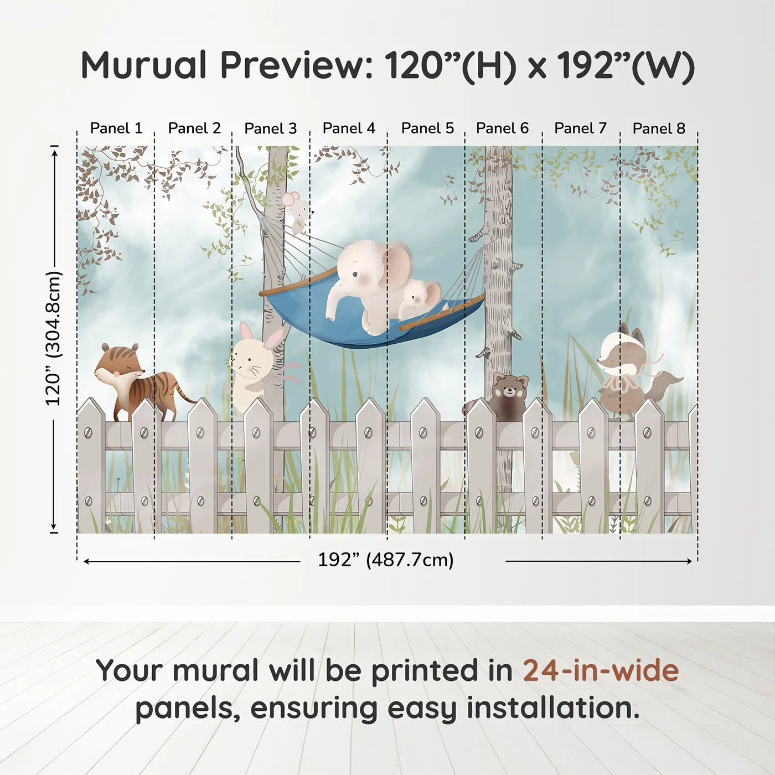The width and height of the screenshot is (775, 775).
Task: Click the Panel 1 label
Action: pyautogui.click(x=116, y=128)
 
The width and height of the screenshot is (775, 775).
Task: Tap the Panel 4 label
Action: pyautogui.click(x=349, y=128)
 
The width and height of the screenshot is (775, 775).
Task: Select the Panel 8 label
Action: pyautogui.click(x=659, y=128)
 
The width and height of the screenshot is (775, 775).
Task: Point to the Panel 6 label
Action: pyautogui.click(x=502, y=128)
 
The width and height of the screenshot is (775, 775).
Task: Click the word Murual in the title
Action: pyautogui.click(x=143, y=65)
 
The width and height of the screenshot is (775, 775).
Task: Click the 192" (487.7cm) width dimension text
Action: pyautogui.click(x=385, y=560)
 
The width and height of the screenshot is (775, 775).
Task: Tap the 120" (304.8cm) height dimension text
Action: pyautogui.click(x=53, y=338)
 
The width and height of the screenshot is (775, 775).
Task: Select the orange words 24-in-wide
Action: pyautogui.click(x=601, y=670)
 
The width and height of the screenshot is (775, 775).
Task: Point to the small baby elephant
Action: pyautogui.click(x=420, y=298)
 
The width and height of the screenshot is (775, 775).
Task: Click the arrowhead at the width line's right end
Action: pyautogui.click(x=689, y=561)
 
